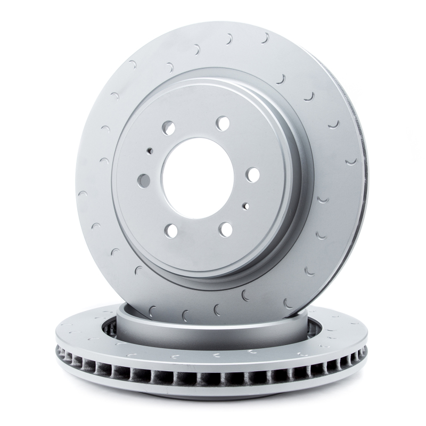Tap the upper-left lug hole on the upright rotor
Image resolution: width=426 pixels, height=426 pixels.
click(169, 128)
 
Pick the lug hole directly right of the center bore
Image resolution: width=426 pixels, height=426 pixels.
click(252, 175)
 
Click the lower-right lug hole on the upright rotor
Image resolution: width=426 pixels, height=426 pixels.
click(226, 230)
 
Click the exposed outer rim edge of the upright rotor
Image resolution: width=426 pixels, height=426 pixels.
click(364, 176)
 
